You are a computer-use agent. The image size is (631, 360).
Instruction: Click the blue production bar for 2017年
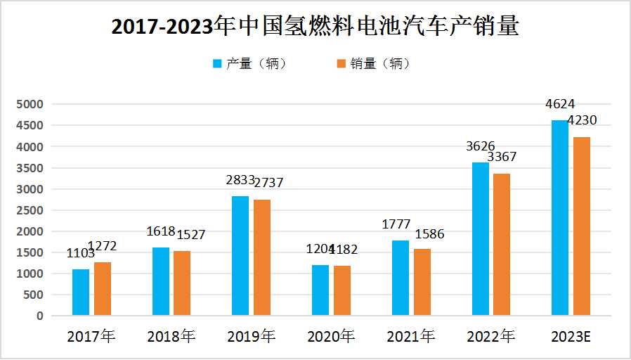(x=81, y=292)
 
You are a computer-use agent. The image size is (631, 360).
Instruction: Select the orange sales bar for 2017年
(x=103, y=288)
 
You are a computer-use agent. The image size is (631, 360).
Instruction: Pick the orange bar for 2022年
(x=502, y=244)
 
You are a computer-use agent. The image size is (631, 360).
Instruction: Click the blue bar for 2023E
(x=560, y=218)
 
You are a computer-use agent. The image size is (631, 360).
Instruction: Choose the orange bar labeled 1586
(x=422, y=282)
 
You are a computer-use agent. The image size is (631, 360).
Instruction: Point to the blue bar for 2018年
(x=160, y=281)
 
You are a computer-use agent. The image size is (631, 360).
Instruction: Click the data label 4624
(x=560, y=105)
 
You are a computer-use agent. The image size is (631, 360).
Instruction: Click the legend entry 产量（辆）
(x=249, y=63)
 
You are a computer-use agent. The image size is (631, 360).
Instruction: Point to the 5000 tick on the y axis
(x=30, y=104)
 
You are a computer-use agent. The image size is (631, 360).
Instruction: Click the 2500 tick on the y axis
(x=30, y=210)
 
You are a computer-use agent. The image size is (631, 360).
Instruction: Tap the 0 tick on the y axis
(x=40, y=316)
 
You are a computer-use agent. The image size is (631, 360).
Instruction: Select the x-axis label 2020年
(x=331, y=337)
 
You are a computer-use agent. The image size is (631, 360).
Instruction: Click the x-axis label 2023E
(x=571, y=337)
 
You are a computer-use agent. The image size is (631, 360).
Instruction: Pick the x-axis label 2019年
(x=251, y=337)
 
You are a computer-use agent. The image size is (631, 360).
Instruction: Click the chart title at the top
(x=315, y=26)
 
